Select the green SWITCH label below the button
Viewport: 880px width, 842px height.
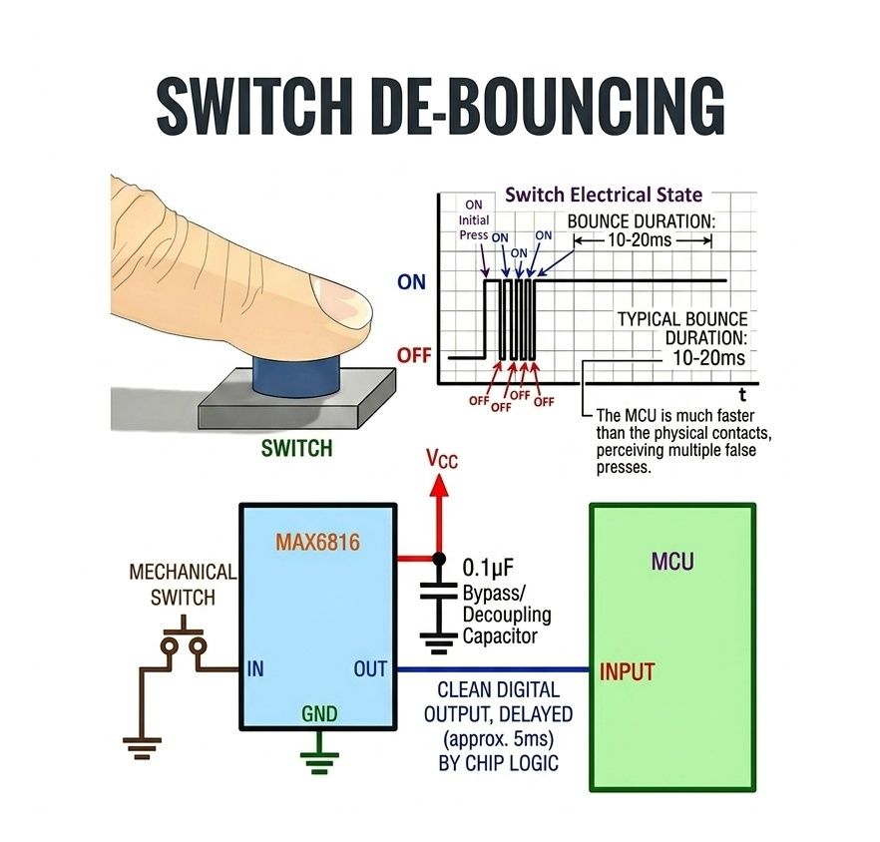(296, 448)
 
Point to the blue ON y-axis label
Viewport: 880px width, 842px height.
(411, 282)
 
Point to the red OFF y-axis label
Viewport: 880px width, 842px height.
(413, 355)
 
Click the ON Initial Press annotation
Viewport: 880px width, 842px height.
(474, 219)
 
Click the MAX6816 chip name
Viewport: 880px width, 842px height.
(316, 545)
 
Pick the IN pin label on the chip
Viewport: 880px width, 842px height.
(255, 668)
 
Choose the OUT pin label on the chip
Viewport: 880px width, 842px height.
(369, 668)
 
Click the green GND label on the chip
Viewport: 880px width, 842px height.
(319, 714)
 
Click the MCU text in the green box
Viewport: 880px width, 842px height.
(671, 562)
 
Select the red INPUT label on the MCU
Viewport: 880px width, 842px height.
(627, 671)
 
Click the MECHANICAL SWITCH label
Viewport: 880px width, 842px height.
(183, 586)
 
